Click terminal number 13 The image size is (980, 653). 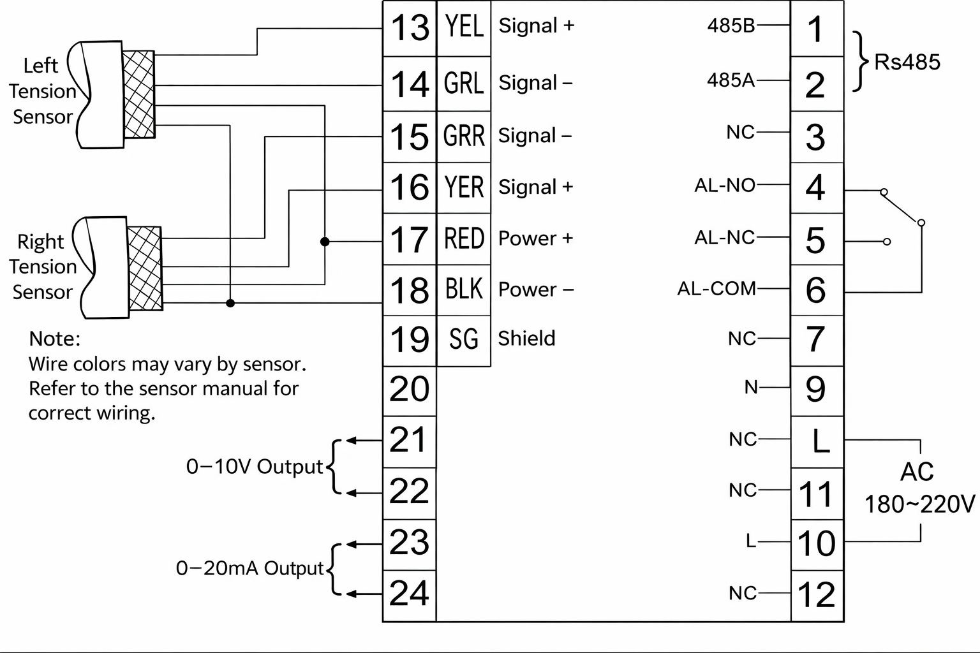click(410, 28)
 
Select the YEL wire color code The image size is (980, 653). click(464, 27)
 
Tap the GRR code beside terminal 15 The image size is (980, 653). click(464, 136)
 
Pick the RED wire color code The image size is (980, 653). click(464, 238)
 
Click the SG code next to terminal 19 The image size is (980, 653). click(464, 339)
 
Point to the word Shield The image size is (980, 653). click(526, 338)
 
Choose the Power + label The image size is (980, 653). click(535, 238)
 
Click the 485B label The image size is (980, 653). click(731, 26)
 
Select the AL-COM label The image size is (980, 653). click(716, 289)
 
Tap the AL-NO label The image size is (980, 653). click(725, 186)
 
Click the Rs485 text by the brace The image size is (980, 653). click(907, 62)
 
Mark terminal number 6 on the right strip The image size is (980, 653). click(815, 290)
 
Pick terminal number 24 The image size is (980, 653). click(409, 594)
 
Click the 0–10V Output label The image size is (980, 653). click(255, 467)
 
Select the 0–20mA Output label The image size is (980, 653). click(250, 568)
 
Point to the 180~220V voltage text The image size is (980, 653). click(919, 504)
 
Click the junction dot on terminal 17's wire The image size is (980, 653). click(325, 241)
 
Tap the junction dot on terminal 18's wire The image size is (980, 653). click(230, 303)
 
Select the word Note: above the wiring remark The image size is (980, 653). click(55, 339)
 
